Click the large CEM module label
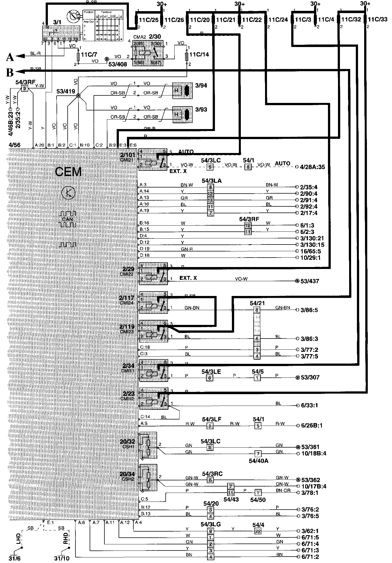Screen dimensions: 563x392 68,172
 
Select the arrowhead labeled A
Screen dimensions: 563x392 19,56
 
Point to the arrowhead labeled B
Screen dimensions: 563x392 19,71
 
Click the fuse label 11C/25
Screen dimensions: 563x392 149,20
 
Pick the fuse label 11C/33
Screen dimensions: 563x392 378,19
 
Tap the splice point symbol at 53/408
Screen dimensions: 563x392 106,59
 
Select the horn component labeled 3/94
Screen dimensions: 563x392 182,90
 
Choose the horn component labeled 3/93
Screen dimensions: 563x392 182,114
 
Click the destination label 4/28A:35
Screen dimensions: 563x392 313,167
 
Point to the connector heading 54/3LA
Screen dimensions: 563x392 212,181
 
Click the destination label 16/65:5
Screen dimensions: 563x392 311,251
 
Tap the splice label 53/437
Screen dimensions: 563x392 310,281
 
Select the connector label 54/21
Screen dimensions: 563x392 257,303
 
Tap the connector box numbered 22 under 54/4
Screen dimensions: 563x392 258,531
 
